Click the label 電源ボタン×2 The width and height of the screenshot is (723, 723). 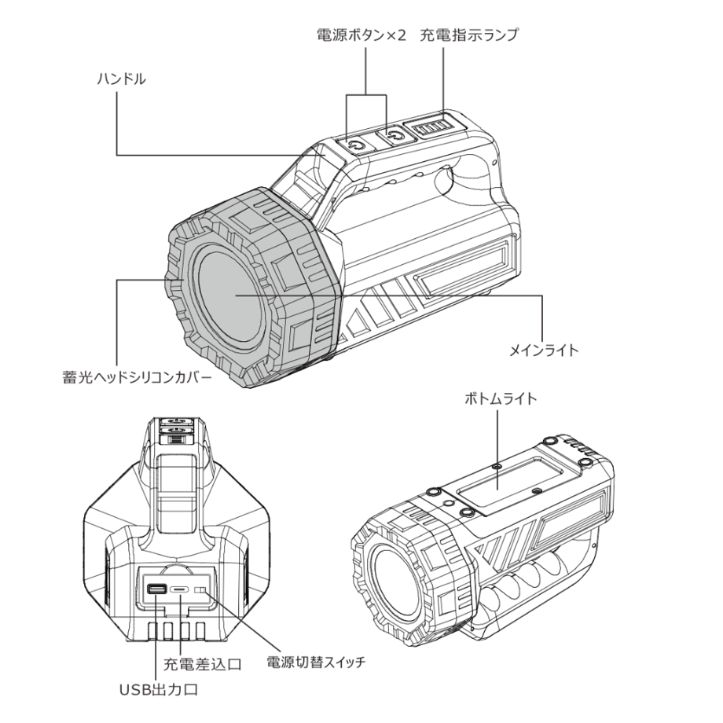point(361,35)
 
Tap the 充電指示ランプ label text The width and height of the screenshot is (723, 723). point(469,35)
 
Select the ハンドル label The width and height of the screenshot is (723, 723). point(121,79)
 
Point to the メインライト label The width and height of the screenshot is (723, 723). point(544,350)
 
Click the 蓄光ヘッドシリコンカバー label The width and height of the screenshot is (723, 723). point(137,378)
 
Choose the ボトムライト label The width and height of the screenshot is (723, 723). point(501,398)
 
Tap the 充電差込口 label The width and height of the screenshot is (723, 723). point(203,664)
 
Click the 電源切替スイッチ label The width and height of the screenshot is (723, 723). point(316,662)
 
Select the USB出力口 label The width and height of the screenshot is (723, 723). point(159,690)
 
